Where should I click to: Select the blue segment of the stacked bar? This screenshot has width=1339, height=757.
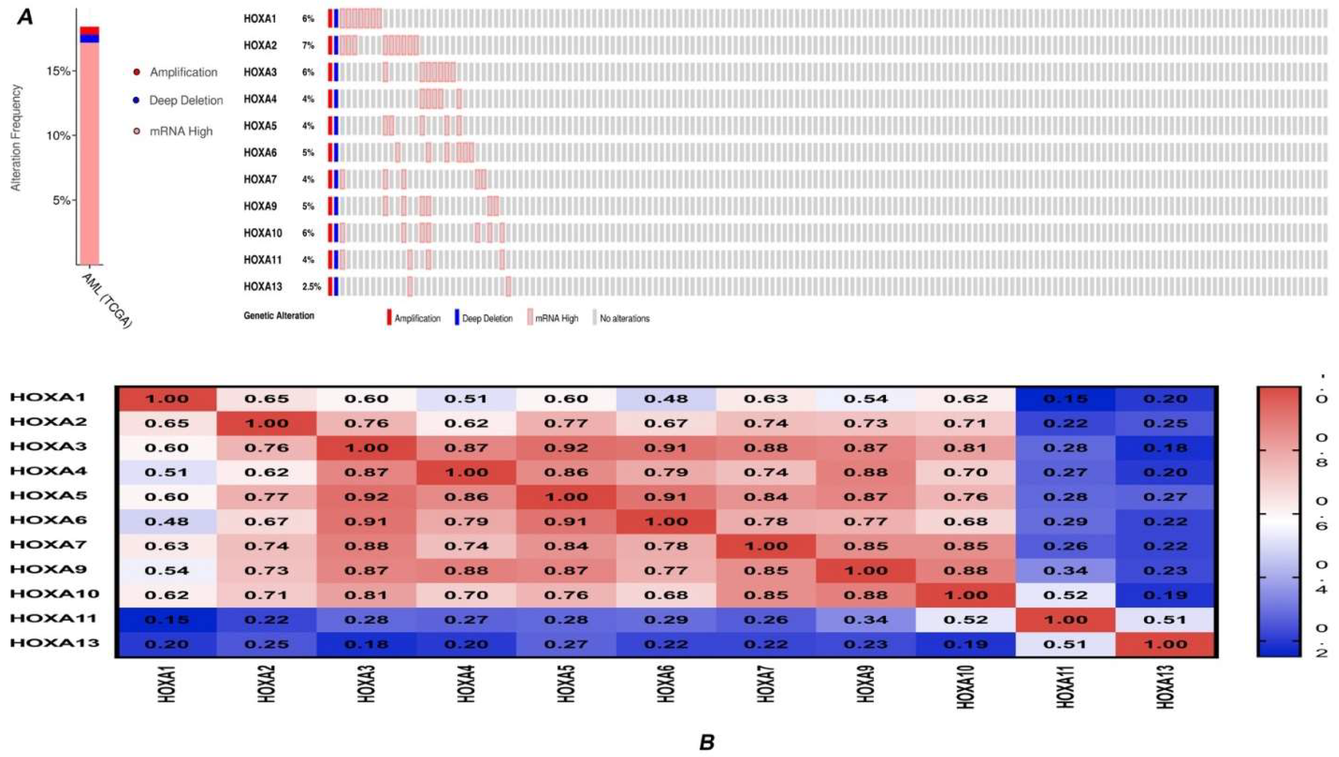pyautogui.click(x=89, y=39)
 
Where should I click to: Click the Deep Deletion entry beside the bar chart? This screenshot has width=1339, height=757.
pyautogui.click(x=186, y=100)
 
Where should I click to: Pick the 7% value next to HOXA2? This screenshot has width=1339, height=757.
pyautogui.click(x=308, y=46)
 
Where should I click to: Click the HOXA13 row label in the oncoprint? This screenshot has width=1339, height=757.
pyautogui.click(x=263, y=287)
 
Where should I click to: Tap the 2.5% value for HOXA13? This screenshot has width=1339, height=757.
pyautogui.click(x=311, y=287)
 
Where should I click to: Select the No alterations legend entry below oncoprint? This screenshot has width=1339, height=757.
pyautogui.click(x=624, y=318)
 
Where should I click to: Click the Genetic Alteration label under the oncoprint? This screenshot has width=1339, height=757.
pyautogui.click(x=279, y=316)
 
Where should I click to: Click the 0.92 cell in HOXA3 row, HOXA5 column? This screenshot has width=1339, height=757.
pyautogui.click(x=565, y=448)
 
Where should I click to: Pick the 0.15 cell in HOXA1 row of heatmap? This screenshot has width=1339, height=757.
pyautogui.click(x=1066, y=399)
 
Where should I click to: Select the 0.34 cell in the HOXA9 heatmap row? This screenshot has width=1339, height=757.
pyautogui.click(x=1066, y=570)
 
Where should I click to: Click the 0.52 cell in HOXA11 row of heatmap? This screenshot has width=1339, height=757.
pyautogui.click(x=965, y=619)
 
